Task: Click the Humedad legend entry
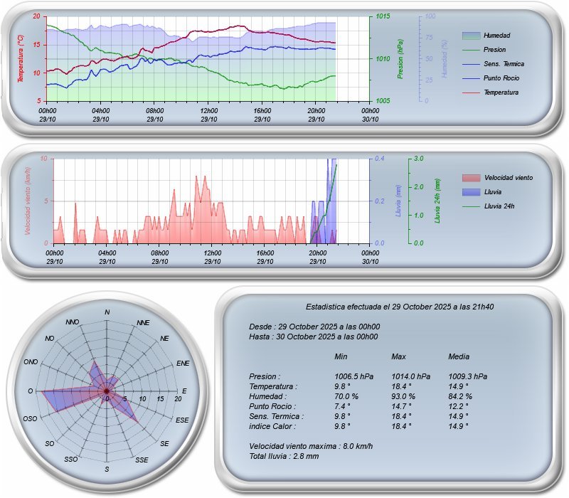tap(496, 36)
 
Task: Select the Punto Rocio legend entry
tap(500, 78)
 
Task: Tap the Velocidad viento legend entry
tap(508, 177)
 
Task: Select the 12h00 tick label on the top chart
tap(209, 111)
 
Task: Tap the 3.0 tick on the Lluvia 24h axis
tap(418, 159)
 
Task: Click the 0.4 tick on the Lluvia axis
tap(381, 159)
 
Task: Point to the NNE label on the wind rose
tap(143, 323)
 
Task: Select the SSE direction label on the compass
tap(142, 460)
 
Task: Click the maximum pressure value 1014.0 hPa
tap(410, 376)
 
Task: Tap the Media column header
tap(459, 356)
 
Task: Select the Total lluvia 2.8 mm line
tap(284, 456)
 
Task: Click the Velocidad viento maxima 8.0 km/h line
tap(311, 446)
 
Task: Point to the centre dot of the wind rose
tap(107, 391)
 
